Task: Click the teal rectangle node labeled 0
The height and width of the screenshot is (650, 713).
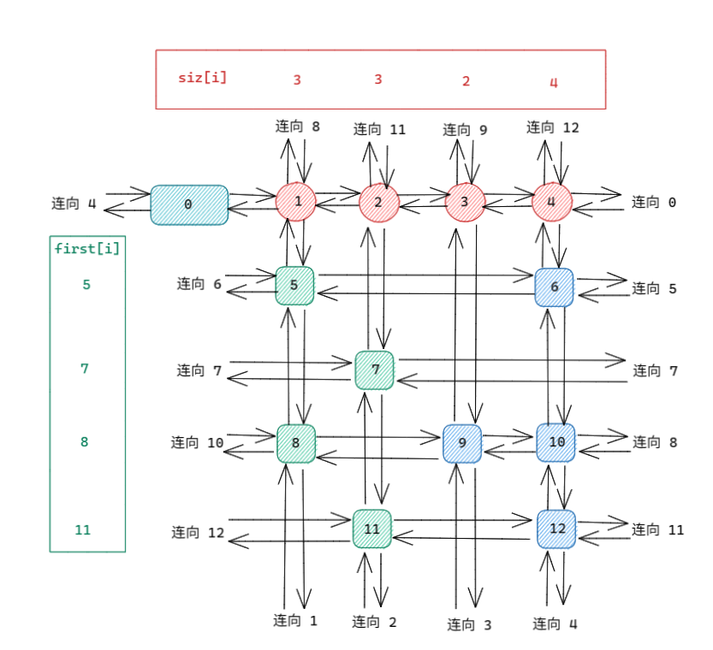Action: tap(189, 204)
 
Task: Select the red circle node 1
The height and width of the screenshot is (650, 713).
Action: tap(296, 202)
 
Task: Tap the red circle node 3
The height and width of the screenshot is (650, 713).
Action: tap(465, 202)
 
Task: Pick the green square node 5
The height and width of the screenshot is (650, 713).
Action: tap(294, 286)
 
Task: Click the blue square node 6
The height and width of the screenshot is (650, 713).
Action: tap(554, 287)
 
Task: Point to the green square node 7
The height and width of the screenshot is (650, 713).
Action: tap(375, 370)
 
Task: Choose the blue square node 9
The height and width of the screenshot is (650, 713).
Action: tap(462, 443)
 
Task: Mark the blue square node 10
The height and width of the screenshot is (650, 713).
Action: tap(556, 442)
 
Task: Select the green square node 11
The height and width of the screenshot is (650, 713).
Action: tap(372, 529)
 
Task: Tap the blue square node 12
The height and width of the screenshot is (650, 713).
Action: tap(556, 529)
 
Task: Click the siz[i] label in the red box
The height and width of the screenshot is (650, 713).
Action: tap(203, 78)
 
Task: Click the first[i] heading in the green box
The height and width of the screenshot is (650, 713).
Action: tap(87, 249)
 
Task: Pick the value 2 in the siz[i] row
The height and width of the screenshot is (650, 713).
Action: tap(466, 81)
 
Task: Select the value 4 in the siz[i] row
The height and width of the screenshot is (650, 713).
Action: tap(553, 82)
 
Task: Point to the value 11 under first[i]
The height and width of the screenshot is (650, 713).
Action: tap(82, 530)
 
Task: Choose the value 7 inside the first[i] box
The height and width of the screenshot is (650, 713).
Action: tap(85, 369)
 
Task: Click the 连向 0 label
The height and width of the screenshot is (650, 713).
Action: tap(654, 203)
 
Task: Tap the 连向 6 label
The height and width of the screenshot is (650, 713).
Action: tap(199, 283)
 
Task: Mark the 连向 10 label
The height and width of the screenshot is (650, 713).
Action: tap(197, 442)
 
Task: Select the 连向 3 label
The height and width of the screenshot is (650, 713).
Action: tap(469, 625)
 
